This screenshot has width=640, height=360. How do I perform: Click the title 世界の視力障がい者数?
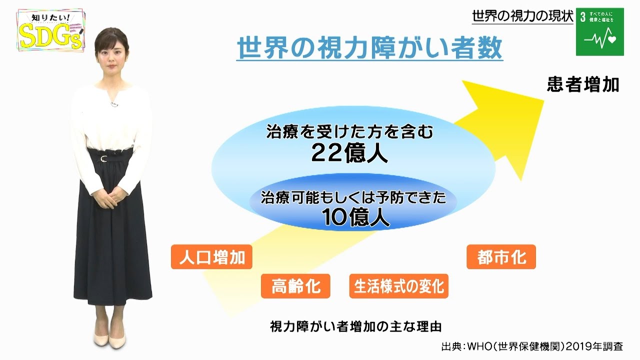click(x=369, y=49)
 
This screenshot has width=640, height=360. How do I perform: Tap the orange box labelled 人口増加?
click(x=211, y=257)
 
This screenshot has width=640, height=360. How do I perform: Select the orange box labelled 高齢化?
click(x=295, y=286)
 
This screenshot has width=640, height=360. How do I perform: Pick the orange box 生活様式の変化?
click(x=398, y=286)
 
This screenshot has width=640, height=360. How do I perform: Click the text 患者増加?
click(x=583, y=84)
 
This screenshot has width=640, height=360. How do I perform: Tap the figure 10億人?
click(x=349, y=218)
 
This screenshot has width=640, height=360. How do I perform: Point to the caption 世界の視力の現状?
click(x=522, y=16)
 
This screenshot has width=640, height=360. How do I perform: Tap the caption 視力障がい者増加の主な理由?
click(x=355, y=326)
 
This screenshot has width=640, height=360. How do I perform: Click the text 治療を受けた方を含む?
click(x=348, y=132)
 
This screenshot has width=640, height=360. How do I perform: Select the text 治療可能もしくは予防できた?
click(x=352, y=197)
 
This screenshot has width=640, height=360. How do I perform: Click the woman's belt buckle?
click(x=103, y=158)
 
